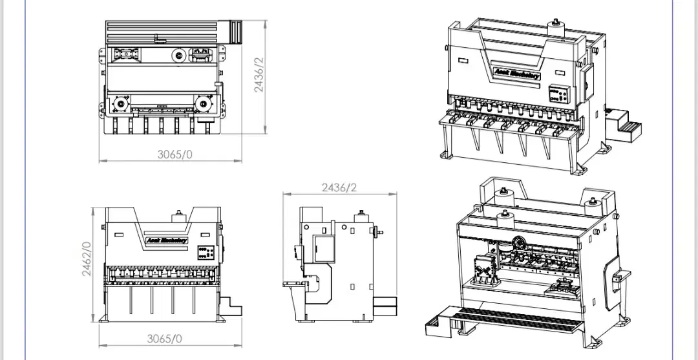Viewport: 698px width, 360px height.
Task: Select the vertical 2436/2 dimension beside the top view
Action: click(259, 75)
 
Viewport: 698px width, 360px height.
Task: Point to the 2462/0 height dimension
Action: click(86, 259)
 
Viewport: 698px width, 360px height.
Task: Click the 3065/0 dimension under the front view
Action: click(165, 338)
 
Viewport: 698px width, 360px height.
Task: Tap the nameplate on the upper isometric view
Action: click(515, 74)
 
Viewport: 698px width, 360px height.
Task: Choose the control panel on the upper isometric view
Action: click(560, 94)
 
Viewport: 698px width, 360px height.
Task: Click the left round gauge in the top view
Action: click(120, 103)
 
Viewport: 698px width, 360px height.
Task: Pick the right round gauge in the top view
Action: click(204, 103)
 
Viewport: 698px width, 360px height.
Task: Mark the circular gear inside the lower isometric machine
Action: click(517, 244)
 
